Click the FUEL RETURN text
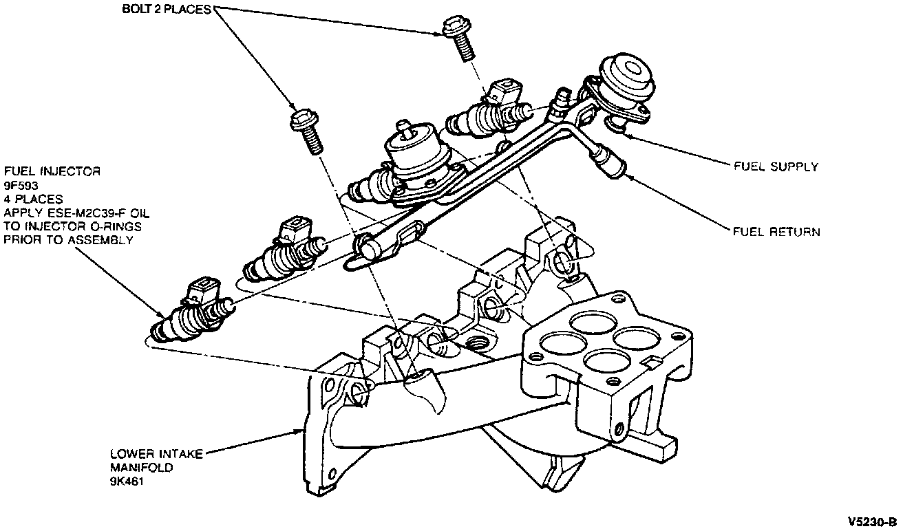coord(776,232)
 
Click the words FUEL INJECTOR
coord(52,171)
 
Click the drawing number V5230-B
coord(873,520)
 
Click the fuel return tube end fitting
coord(610,162)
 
